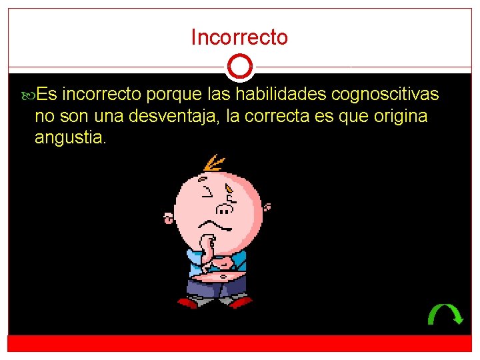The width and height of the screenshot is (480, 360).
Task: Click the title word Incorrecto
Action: coord(239,37)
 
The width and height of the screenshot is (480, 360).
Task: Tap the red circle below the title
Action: coord(239,67)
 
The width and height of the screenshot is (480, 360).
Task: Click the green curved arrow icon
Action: coord(445,313)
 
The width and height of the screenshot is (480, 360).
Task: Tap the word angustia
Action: coord(70,139)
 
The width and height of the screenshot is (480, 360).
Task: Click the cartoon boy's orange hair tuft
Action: coord(214,164)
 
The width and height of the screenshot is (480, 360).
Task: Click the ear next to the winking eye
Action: coord(169,217)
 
